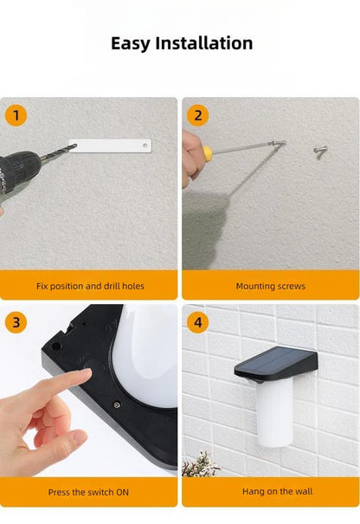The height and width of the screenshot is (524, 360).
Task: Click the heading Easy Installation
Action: coord(182,44)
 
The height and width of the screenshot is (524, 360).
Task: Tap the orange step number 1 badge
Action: coord(16,116)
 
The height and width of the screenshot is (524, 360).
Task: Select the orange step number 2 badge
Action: coord(197,116)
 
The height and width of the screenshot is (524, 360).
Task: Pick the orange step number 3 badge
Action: coord(16,322)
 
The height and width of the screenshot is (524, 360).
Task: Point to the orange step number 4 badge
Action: coord(197,322)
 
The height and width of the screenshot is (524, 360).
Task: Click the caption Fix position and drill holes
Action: coord(90,286)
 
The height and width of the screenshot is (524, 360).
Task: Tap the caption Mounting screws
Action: coord(271,287)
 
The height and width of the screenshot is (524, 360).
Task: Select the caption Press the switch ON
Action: coord(88,492)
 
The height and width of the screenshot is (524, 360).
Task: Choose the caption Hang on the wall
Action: coord(278,492)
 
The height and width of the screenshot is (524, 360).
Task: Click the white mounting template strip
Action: coord(110,146)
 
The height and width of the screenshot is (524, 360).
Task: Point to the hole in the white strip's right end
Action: coord(145,146)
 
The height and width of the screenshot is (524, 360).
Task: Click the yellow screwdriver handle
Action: coord(208,154)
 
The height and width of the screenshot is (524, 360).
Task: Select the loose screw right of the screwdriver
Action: coord(320,152)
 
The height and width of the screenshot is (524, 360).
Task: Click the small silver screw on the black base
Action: coord(117,405)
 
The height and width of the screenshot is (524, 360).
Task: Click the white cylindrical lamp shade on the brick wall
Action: coord(274,414)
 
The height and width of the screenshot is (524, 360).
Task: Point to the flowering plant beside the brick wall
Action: coord(200,464)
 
